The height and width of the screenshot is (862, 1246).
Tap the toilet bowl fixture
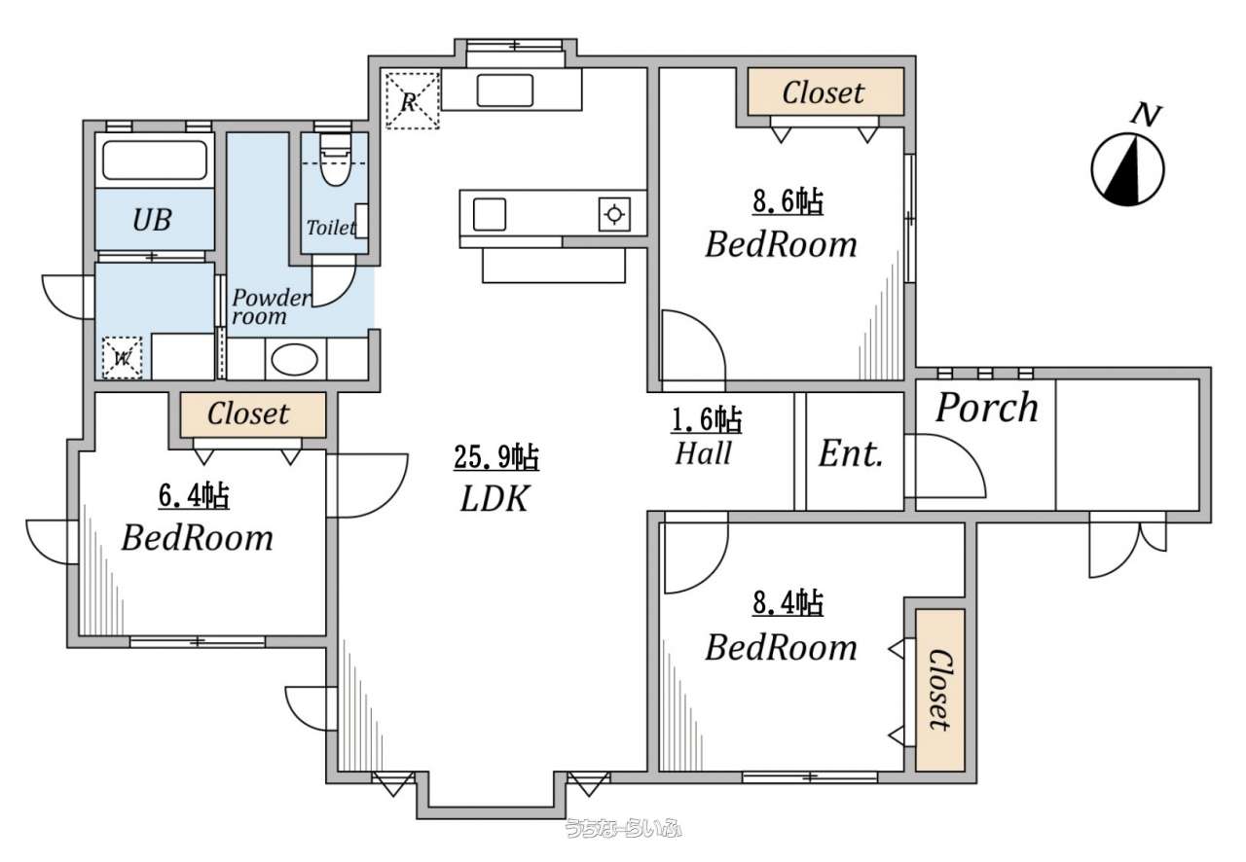[336, 161]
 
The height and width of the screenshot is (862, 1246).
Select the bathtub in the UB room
[155, 161]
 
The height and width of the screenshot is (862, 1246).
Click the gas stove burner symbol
[614, 214]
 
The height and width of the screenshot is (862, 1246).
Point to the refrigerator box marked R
[412, 100]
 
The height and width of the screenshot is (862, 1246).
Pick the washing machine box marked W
[122, 358]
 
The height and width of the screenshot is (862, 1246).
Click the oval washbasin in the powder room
[294, 360]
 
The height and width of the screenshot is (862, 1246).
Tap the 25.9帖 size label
[496, 457]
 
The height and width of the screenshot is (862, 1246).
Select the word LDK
[495, 498]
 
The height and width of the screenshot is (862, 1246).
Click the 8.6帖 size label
[788, 201]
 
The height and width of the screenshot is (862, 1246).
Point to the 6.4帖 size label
[194, 495]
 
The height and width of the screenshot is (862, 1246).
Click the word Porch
[987, 408]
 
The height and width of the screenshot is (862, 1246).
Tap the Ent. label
[851, 453]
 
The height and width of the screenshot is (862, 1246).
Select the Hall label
[704, 452]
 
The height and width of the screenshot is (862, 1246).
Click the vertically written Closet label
[940, 690]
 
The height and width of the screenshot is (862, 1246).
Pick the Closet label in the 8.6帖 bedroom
[824, 92]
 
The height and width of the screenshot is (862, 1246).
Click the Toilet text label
[331, 227]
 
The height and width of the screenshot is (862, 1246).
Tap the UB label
[152, 220]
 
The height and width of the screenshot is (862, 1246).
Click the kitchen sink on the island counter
[490, 215]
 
